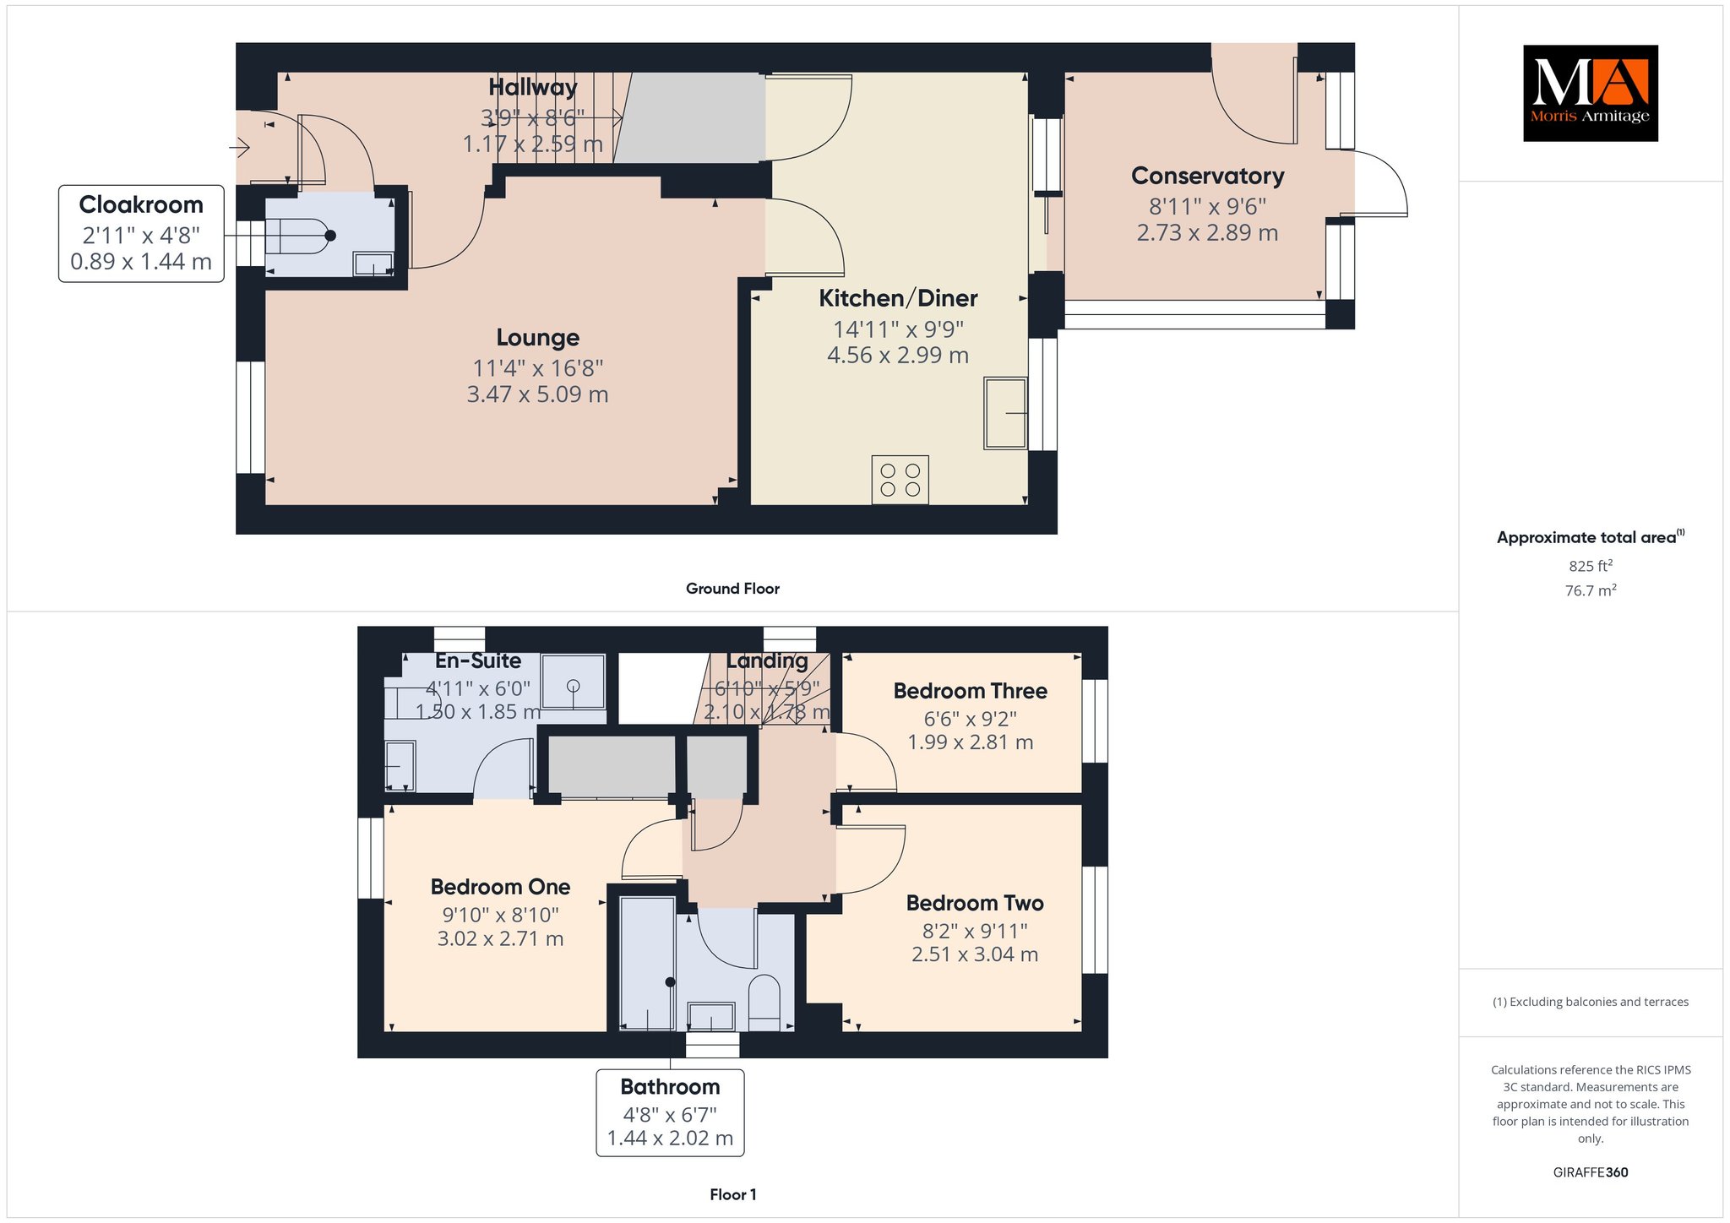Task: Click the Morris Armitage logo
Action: [1590, 93]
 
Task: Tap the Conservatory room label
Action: [1207, 176]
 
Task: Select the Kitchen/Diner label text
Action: [898, 298]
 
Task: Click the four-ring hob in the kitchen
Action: [900, 480]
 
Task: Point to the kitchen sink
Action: [1005, 413]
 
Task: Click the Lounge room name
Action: [537, 338]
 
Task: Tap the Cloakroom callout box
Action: [141, 234]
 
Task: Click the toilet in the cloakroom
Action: [301, 236]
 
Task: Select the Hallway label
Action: [532, 87]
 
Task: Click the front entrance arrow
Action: [240, 149]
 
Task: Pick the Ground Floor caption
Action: [732, 589]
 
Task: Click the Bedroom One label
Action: [500, 887]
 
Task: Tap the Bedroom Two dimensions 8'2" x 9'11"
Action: [975, 931]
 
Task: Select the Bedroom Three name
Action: [970, 691]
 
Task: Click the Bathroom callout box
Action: [670, 1112]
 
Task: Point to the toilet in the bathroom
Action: [764, 1003]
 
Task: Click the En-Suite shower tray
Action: [574, 681]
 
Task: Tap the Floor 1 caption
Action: [733, 1194]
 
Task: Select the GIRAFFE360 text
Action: [1590, 1172]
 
